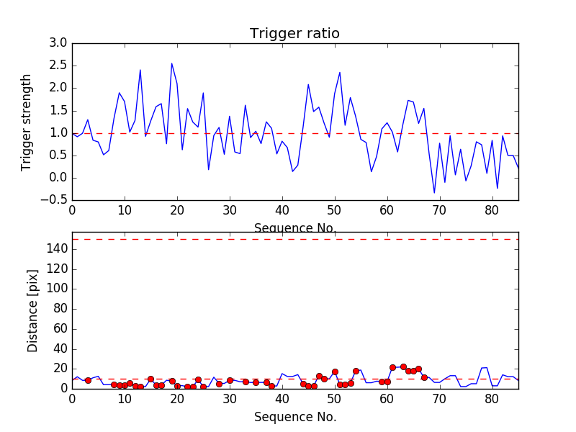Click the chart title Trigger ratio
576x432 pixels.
pyautogui.click(x=294, y=34)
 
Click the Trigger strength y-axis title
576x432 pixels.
pyautogui.click(x=27, y=122)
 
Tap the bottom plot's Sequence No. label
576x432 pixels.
pyautogui.click(x=294, y=417)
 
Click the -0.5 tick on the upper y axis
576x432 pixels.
pyautogui.click(x=55, y=200)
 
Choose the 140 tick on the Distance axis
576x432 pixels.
pyautogui.click(x=56, y=249)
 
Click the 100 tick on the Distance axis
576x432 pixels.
pyautogui.click(x=56, y=289)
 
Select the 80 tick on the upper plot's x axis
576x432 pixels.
pyautogui.click(x=492, y=211)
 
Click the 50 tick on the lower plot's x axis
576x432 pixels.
pyautogui.click(x=334, y=398)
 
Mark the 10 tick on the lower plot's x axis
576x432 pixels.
pyautogui.click(x=125, y=398)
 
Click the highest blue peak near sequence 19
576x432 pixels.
pyautogui.click(x=171, y=63)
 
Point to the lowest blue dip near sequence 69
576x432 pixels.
pyautogui.click(x=434, y=192)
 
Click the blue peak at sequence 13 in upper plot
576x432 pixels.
pyautogui.click(x=140, y=70)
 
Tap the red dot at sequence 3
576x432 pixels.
pyautogui.click(x=88, y=380)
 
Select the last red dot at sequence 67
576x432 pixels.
pyautogui.click(x=424, y=377)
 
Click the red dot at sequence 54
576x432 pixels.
pyautogui.click(x=356, y=371)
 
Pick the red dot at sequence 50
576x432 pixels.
pyautogui.click(x=335, y=372)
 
